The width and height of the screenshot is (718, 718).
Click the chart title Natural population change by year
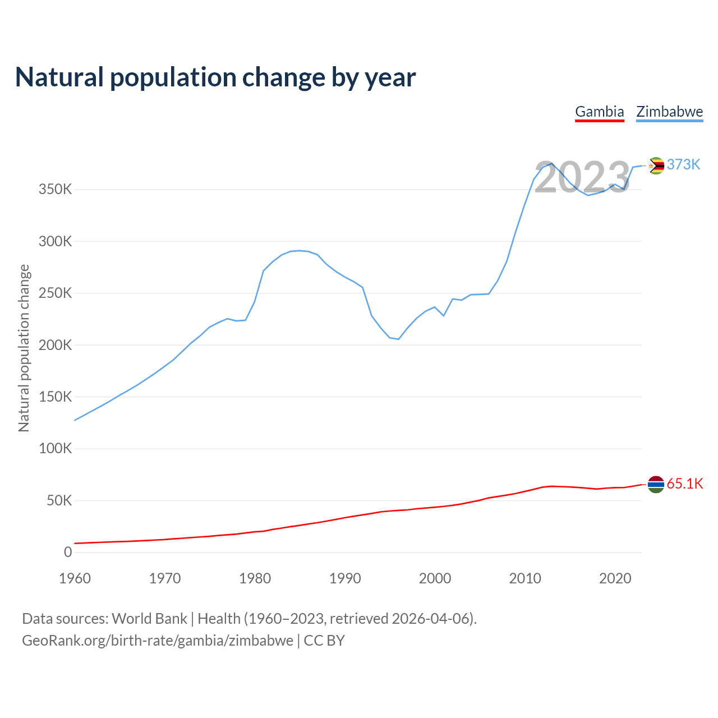215,77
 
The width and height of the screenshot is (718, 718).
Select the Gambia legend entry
600,112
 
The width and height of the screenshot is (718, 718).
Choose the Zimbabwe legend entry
669,112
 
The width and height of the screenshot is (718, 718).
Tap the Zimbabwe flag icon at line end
656,165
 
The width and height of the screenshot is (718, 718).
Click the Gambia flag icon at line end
656,484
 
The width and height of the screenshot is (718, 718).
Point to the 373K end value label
684,164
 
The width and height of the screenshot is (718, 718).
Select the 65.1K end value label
685,484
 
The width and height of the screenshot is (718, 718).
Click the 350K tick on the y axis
55,190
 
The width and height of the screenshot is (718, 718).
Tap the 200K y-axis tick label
55,345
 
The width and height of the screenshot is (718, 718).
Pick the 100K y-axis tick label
55,449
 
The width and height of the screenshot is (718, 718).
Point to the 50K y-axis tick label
59,500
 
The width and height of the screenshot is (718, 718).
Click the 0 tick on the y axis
68,553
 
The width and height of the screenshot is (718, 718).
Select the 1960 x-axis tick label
75,578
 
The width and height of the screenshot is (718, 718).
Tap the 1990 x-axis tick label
345,578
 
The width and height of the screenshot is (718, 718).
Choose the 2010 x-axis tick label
525,578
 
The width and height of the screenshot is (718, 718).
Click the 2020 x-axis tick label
615,578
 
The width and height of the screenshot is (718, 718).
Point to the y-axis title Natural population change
24,348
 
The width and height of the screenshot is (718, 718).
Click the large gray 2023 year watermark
582,178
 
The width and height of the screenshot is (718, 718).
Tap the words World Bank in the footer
149,619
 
